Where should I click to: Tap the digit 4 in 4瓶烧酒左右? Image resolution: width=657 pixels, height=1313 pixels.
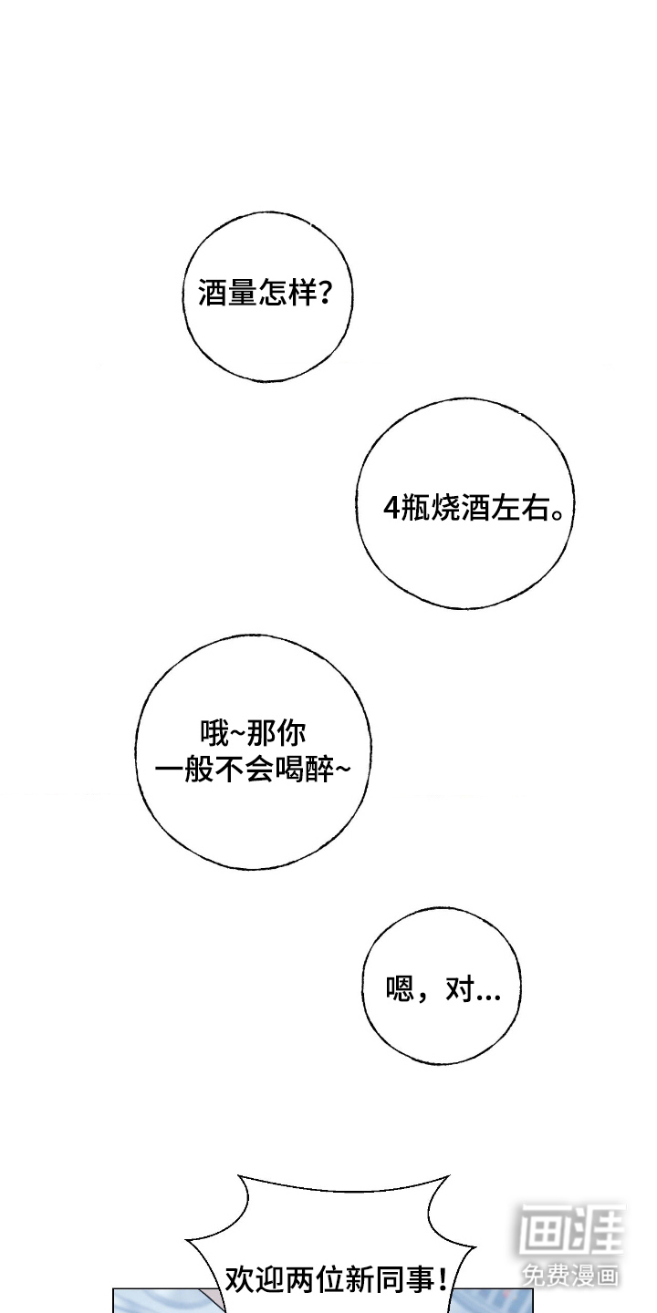click(391, 508)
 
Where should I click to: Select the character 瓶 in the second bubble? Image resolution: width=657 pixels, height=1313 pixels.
click(414, 508)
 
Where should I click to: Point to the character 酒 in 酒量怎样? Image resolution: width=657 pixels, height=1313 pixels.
click(213, 292)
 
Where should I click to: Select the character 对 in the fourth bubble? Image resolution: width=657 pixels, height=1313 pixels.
click(460, 988)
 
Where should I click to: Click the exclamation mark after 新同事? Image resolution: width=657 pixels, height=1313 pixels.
click(443, 1279)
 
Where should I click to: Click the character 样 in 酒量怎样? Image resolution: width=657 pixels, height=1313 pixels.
click(304, 292)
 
